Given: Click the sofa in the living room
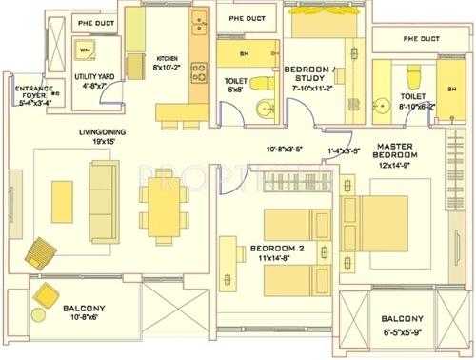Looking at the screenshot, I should pos(101,183).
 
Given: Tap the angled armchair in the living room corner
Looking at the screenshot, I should pos(43,251).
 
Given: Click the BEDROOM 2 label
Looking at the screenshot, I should pos(277,251).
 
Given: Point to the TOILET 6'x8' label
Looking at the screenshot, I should pos(235,87).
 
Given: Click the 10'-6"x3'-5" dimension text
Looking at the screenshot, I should pos(286,150).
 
